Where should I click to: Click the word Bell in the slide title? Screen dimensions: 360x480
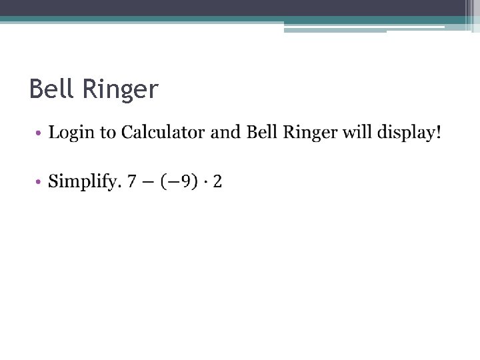click(x=53, y=89)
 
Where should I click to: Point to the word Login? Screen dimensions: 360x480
click(x=71, y=133)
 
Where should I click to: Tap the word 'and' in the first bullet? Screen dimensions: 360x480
click(x=225, y=132)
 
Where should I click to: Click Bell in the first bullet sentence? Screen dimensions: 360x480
click(x=262, y=132)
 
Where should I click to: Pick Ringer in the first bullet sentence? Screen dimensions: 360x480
click(x=311, y=133)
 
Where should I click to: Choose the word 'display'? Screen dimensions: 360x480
click(x=406, y=133)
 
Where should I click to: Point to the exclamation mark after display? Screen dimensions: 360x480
click(x=438, y=132)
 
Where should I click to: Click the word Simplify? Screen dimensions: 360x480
click(x=83, y=181)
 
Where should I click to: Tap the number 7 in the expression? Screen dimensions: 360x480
click(x=132, y=181)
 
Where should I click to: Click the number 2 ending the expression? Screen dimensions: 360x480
click(x=217, y=181)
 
